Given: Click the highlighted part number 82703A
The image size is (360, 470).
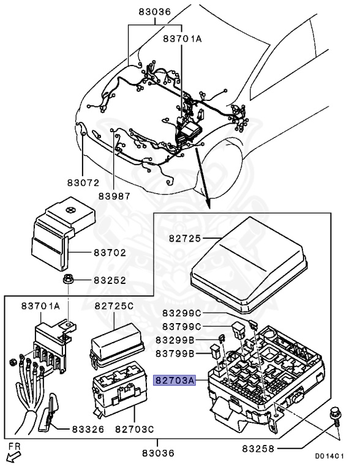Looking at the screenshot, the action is pyautogui.click(x=174, y=381).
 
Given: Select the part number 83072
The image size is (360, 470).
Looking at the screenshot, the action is pyautogui.click(x=83, y=182).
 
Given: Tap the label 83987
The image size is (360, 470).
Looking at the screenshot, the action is pyautogui.click(x=114, y=196).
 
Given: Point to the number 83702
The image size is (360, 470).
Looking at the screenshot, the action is pyautogui.click(x=110, y=253).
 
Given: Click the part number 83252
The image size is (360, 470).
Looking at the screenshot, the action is pyautogui.click(x=110, y=280).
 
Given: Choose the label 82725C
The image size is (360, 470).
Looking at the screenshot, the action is pyautogui.click(x=114, y=306).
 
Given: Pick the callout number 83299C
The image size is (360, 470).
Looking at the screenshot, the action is pyautogui.click(x=181, y=313).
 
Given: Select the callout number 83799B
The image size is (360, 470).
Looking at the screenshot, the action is pyautogui.click(x=175, y=354).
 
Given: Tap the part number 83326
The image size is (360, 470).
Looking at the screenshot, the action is pyautogui.click(x=88, y=430).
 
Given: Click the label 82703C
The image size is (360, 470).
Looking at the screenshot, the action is pyautogui.click(x=135, y=430).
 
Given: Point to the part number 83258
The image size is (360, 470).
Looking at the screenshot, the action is pyautogui.click(x=258, y=449).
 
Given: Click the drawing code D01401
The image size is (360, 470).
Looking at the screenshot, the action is pyautogui.click(x=329, y=456).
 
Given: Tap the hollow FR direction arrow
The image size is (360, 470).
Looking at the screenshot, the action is pyautogui.click(x=14, y=457).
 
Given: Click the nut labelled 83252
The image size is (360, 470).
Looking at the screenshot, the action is pyautogui.click(x=67, y=279).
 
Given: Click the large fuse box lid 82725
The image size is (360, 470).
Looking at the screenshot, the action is pyautogui.click(x=249, y=265).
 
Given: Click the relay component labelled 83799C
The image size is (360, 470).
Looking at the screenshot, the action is pyautogui.click(x=239, y=330).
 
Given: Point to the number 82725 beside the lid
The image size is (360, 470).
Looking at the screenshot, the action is pyautogui.click(x=185, y=238).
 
